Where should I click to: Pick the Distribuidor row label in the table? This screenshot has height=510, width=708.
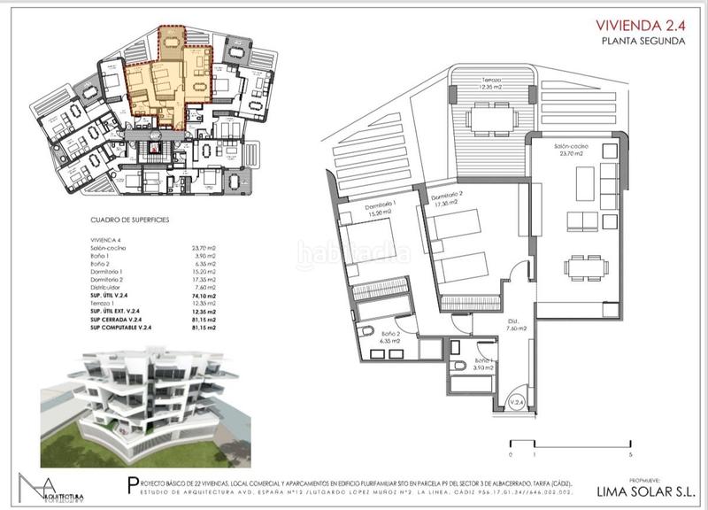(x=108, y=286)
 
